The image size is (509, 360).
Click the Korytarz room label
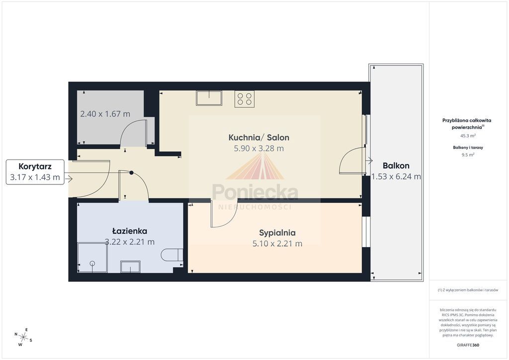(35, 167)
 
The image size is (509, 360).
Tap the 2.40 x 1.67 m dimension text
(105, 114)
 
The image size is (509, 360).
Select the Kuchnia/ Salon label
(258, 137)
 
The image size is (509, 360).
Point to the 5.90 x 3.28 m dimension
(258, 148)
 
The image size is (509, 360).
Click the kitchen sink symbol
(209, 98)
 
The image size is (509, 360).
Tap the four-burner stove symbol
(245, 99)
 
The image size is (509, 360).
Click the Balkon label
(396, 166)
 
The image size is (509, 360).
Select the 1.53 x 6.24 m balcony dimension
(396, 177)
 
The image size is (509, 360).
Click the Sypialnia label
(277, 233)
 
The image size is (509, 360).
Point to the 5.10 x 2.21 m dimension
(277, 244)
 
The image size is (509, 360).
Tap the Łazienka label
(130, 231)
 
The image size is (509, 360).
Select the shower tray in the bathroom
(92, 258)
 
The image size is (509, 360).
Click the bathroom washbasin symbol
(131, 267)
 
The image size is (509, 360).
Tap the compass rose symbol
(23, 337)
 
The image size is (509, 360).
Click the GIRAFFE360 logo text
(468, 345)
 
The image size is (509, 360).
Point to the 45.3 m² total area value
(468, 136)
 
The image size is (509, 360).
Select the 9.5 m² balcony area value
(468, 155)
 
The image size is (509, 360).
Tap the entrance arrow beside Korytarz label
(69, 179)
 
